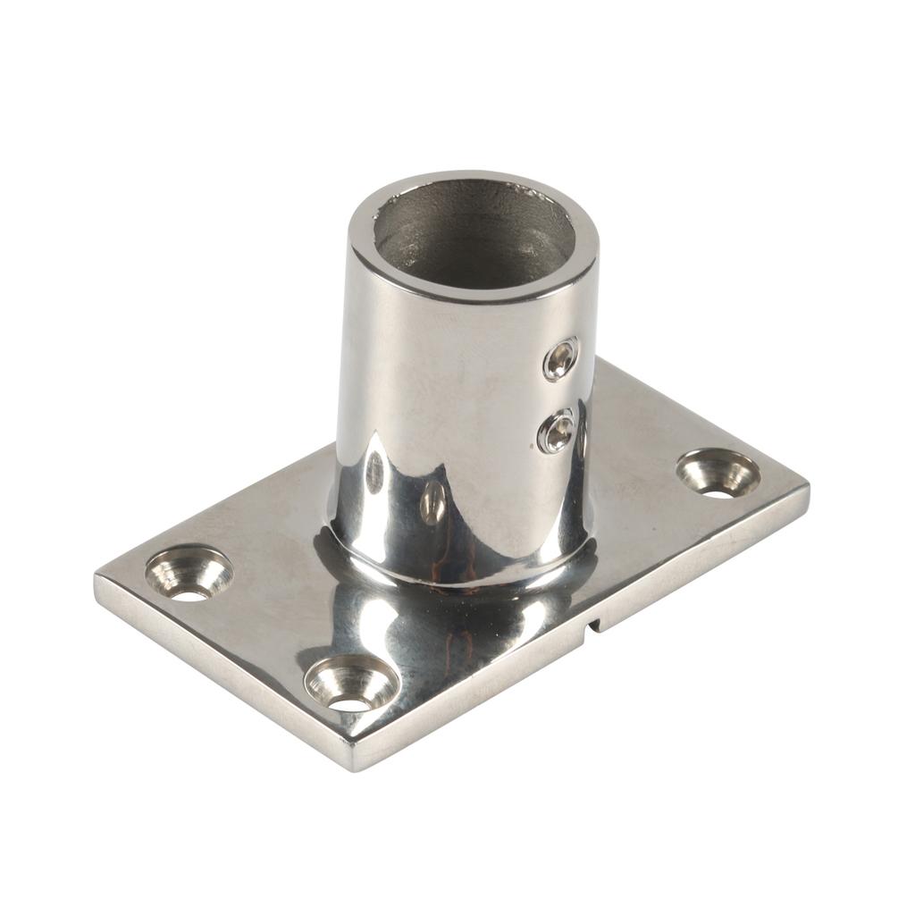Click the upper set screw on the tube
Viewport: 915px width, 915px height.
point(560,359)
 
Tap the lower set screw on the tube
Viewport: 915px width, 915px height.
point(556,432)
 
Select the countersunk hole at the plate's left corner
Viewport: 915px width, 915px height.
point(189,572)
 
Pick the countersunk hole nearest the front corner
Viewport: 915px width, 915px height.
point(350,684)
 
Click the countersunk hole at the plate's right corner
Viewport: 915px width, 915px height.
point(718,473)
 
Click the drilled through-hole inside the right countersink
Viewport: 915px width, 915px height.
point(715,489)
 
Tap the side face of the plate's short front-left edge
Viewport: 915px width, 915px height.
point(223,679)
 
